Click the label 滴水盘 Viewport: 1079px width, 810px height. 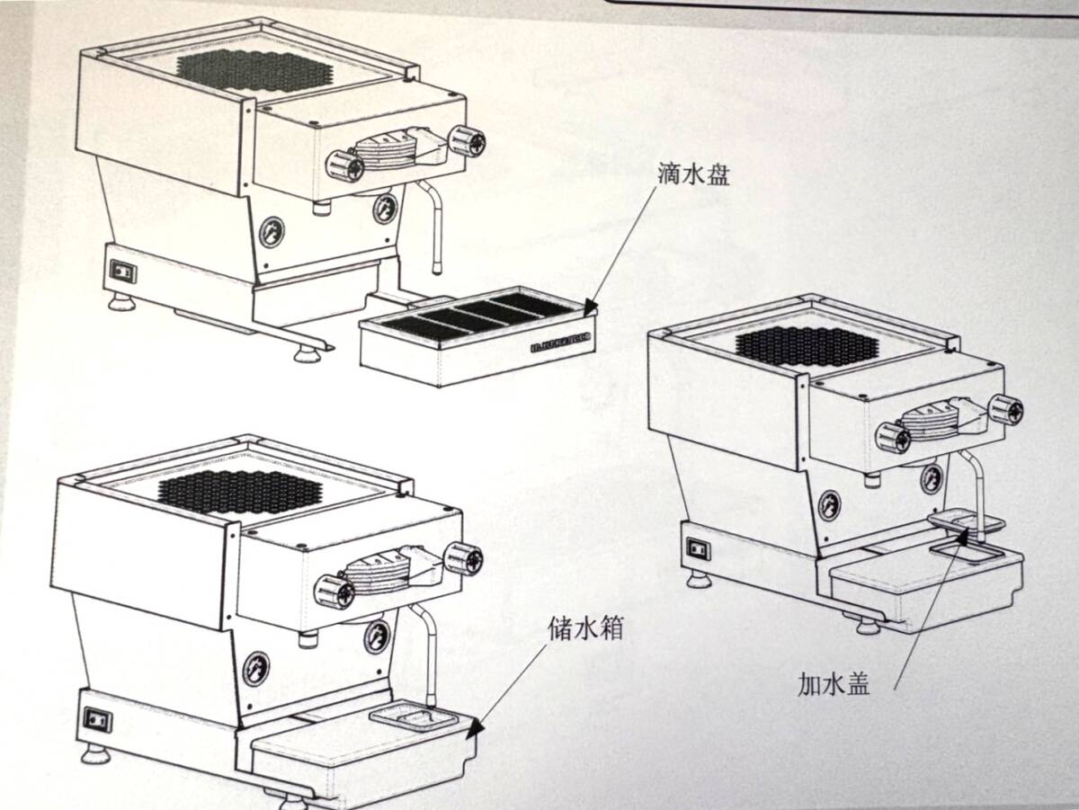pyautogui.click(x=693, y=174)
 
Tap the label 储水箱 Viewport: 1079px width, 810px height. pyautogui.click(x=585, y=628)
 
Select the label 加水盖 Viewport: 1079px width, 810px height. pyautogui.click(x=834, y=684)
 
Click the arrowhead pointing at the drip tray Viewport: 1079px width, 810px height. pyautogui.click(x=591, y=307)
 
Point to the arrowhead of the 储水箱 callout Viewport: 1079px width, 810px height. pyautogui.click(x=474, y=728)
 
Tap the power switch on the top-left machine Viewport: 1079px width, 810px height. pyautogui.click(x=123, y=271)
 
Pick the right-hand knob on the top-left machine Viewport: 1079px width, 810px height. pyautogui.click(x=468, y=141)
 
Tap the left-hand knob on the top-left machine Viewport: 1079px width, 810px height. pyautogui.click(x=344, y=165)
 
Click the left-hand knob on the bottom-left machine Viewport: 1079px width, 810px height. pyautogui.click(x=334, y=592)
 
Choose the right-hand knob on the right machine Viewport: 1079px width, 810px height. pyautogui.click(x=1006, y=410)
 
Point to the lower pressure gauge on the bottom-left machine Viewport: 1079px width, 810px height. pyautogui.click(x=256, y=669)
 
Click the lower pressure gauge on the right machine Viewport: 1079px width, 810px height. pyautogui.click(x=829, y=505)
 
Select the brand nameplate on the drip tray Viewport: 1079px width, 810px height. pyautogui.click(x=562, y=343)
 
